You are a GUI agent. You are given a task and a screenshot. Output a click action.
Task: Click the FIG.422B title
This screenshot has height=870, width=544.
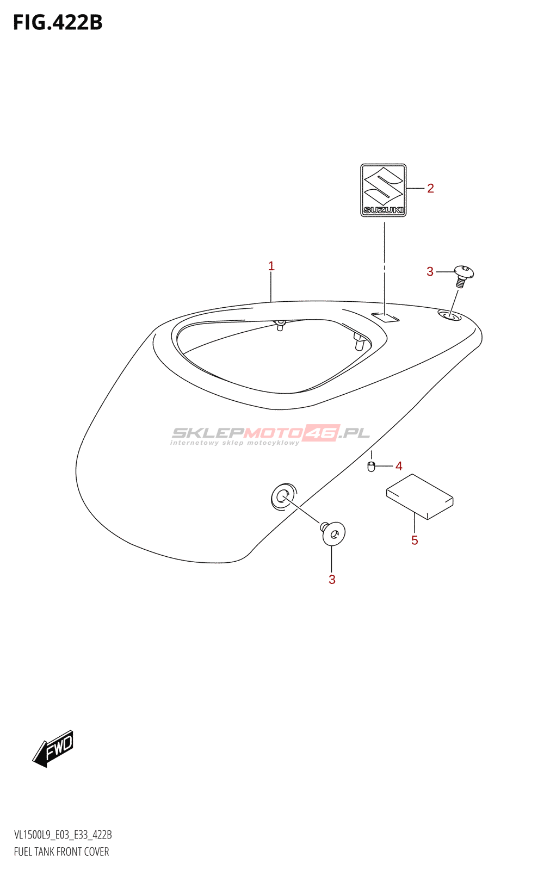click(58, 22)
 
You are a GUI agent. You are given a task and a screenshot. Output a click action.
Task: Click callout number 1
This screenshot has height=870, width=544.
click(271, 266)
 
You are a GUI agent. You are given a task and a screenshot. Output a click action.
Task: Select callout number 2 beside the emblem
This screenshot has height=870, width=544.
click(430, 188)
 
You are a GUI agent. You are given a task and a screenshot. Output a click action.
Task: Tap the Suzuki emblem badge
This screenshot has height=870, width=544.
click(383, 190)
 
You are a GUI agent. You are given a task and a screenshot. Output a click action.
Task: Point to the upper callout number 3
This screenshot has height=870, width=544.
click(430, 272)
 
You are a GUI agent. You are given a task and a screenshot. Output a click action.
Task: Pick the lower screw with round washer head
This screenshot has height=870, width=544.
click(332, 533)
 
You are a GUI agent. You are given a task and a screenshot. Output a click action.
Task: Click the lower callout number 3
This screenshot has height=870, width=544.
click(332, 580)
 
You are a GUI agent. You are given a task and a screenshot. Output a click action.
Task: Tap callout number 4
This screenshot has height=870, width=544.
click(399, 466)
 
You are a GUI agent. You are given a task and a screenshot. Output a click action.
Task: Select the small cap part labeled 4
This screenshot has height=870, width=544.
click(371, 467)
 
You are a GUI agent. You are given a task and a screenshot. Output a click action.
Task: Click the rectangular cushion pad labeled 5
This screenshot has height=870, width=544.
click(419, 496)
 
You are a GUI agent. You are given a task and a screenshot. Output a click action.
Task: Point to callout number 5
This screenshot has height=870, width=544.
click(415, 540)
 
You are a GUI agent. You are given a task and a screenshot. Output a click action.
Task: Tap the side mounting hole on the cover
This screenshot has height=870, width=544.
click(283, 497)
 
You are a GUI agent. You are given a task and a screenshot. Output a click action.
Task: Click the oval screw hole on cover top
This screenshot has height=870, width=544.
click(449, 316)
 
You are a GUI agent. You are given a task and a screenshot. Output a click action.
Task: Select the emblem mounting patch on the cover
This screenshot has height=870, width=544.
click(385, 318)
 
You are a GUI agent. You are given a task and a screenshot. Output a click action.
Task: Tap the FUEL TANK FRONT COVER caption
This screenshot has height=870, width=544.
click(61, 852)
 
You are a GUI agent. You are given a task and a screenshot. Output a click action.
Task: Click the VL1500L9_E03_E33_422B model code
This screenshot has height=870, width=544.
click(63, 834)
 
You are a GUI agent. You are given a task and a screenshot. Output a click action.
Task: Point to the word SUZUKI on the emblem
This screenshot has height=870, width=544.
click(383, 210)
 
